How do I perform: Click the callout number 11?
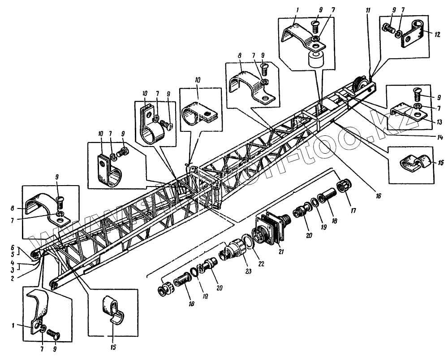[x=368, y=10]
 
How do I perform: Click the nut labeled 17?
[x=344, y=185]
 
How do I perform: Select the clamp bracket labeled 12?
[x=413, y=35]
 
